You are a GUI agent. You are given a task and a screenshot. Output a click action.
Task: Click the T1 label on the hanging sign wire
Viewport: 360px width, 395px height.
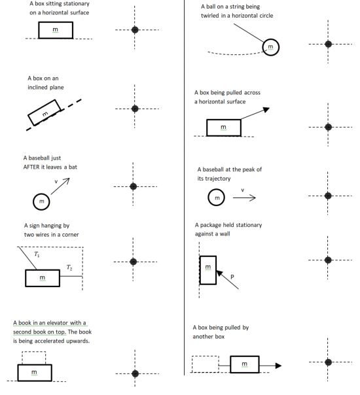point(37,254)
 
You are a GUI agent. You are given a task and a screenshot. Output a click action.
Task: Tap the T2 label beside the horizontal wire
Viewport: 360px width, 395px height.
point(69,267)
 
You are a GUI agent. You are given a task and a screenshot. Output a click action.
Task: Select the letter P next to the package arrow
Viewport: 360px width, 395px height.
point(232,277)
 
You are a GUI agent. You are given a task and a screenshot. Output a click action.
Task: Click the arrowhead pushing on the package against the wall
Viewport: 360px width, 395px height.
point(219,273)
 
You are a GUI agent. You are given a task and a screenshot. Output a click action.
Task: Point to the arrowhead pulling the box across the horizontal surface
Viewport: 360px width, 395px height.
point(266,110)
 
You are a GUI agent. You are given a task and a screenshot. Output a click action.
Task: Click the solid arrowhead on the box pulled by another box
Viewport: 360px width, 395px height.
point(278,366)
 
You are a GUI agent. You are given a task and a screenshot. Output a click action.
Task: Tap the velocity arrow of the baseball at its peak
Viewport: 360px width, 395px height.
point(244,197)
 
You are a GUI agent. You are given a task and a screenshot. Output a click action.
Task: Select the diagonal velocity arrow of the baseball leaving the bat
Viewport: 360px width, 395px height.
point(60,186)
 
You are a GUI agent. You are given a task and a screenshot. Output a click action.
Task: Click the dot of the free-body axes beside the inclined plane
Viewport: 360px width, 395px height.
point(135,109)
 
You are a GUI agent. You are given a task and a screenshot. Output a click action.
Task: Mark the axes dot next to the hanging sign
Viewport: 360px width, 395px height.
point(134,262)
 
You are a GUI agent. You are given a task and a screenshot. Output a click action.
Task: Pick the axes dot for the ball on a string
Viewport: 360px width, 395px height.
point(328,44)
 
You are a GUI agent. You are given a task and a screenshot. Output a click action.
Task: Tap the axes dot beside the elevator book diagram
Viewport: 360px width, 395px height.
point(135,373)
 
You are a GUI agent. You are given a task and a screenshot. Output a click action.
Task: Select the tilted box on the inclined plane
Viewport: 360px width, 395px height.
point(45,112)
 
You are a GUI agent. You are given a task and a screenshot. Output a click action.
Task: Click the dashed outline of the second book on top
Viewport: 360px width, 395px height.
point(34,351)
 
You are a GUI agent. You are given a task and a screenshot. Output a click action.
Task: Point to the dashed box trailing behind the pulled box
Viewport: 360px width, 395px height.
point(206,356)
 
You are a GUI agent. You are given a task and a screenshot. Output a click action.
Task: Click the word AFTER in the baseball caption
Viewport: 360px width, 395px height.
point(32,167)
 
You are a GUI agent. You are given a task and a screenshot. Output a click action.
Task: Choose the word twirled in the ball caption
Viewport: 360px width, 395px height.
point(210,16)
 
